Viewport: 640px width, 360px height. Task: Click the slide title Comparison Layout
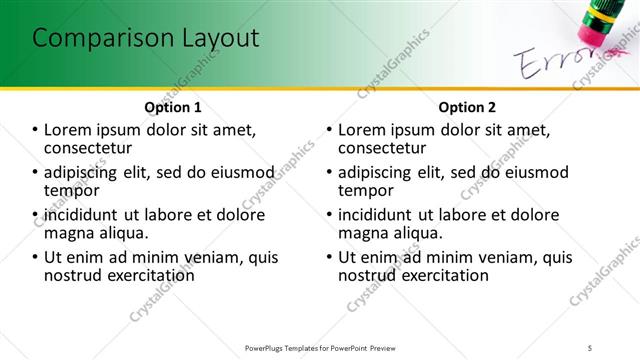coord(146,39)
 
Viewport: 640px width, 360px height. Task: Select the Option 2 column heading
coord(466,106)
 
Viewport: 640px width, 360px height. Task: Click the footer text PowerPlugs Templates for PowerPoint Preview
coord(320,347)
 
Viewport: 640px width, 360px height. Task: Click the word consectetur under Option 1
coord(90,147)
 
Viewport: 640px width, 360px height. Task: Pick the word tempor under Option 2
coord(366,190)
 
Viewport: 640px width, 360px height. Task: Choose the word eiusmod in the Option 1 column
coord(233,171)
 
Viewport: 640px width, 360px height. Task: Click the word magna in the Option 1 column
coord(70,233)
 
